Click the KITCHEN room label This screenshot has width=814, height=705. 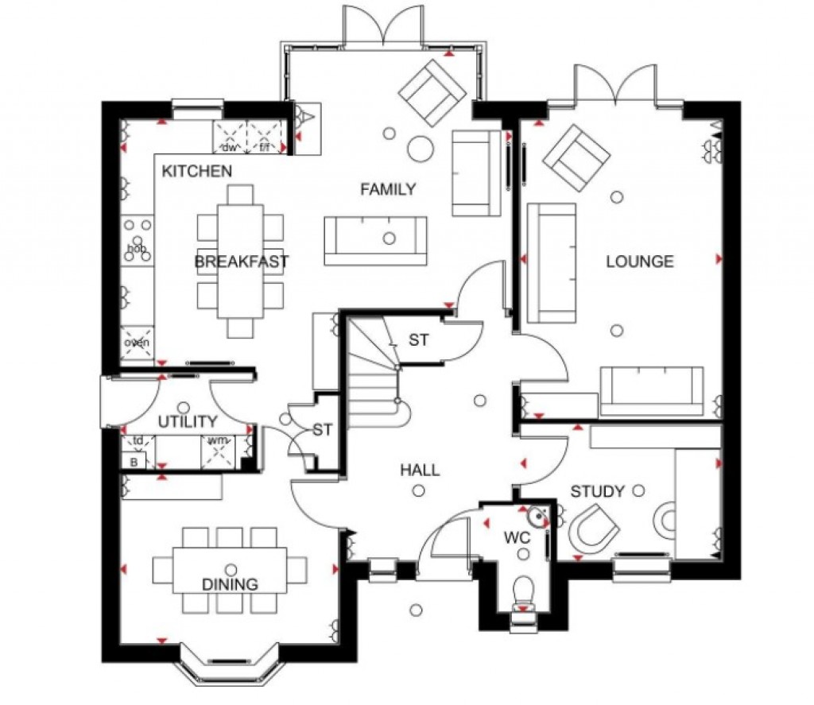[197, 171]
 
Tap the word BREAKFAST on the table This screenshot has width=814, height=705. [241, 261]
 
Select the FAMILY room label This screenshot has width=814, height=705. [388, 189]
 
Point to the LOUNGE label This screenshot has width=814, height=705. [640, 261]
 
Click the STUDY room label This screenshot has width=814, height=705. [598, 492]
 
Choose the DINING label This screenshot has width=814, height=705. [230, 585]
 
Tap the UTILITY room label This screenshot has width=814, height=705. [187, 421]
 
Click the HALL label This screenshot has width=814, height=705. [420, 471]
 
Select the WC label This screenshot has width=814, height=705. [517, 538]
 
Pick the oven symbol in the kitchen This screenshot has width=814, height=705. [135, 343]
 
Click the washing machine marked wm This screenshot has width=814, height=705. [217, 449]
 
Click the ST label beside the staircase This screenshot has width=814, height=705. [419, 340]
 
